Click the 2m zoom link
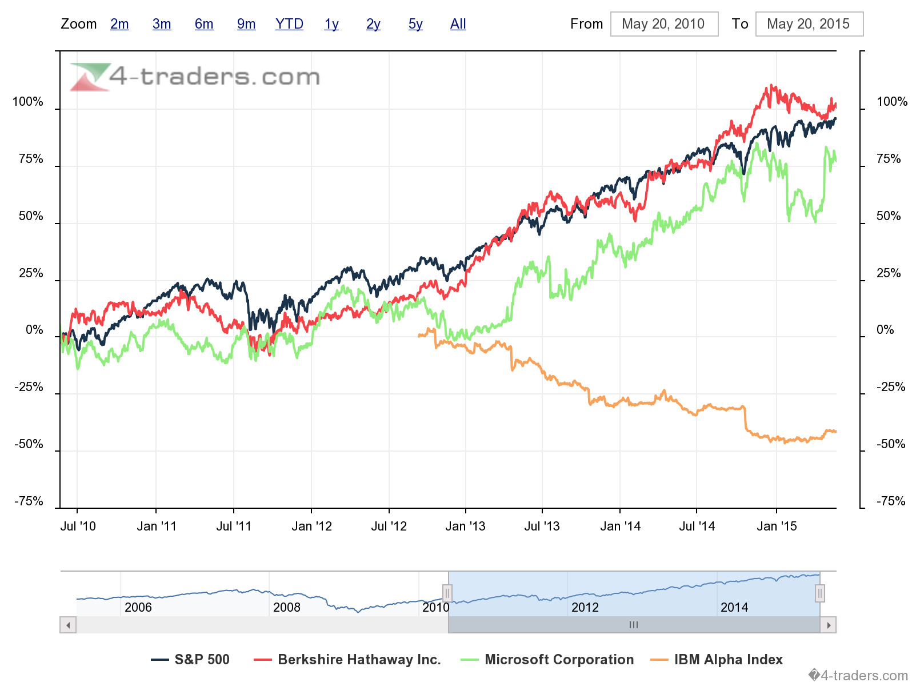point(119,24)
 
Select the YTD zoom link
point(289,24)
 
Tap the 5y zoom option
point(415,24)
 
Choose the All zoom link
point(458,24)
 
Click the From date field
point(664,24)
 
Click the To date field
point(809,24)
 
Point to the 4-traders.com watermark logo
point(194,77)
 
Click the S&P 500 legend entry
point(191,660)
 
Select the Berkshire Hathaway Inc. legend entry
point(348,660)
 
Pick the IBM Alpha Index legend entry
point(717,660)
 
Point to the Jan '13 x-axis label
point(465,527)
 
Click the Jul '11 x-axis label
point(234,527)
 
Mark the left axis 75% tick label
point(31,159)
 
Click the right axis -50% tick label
point(891,444)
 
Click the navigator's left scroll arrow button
point(68,625)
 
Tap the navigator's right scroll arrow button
point(828,625)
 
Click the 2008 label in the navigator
point(287,607)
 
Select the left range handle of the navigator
point(447,593)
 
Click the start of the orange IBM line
point(419,336)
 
